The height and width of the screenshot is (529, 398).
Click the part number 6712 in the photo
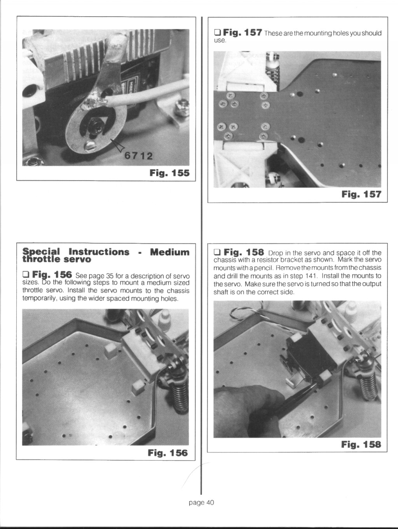point(138,156)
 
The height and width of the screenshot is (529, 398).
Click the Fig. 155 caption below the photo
point(169,173)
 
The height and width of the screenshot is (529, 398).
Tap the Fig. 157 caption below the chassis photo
point(361,194)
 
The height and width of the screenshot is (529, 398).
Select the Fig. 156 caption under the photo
point(168,453)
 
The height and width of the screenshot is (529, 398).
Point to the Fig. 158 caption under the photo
point(361,444)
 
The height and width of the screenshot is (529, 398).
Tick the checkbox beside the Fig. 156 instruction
point(25,274)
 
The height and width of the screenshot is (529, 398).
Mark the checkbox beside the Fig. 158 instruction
point(217,252)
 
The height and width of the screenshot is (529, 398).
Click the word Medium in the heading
point(169,252)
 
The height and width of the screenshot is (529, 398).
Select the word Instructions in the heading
point(99,252)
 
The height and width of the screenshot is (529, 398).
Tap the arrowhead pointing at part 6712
point(117,144)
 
